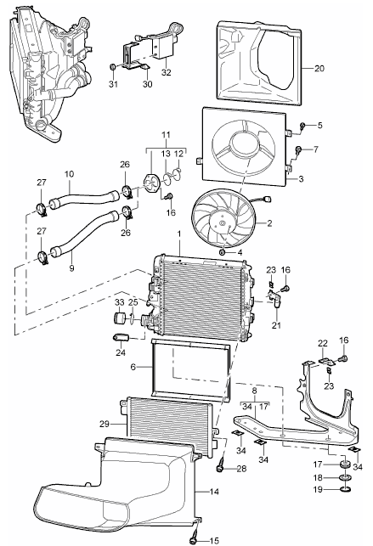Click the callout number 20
point(319,67)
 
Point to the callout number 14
point(213,492)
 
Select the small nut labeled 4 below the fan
point(222,252)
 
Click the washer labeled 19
point(348,489)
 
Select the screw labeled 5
point(304,128)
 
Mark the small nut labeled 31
point(113,66)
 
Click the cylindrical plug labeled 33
point(120,319)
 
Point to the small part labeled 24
point(122,338)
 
